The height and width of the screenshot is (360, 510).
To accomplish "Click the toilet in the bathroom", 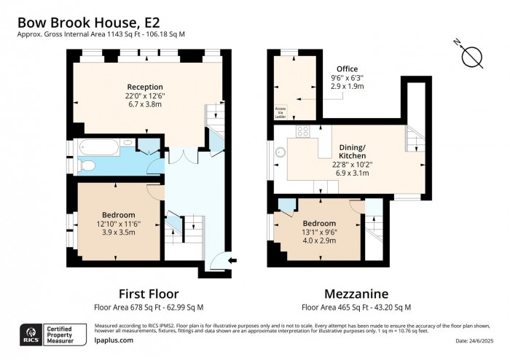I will click(87, 167).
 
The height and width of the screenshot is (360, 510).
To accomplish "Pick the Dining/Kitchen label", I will click(354, 151).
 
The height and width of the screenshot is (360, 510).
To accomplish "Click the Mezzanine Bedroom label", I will click(319, 223).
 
